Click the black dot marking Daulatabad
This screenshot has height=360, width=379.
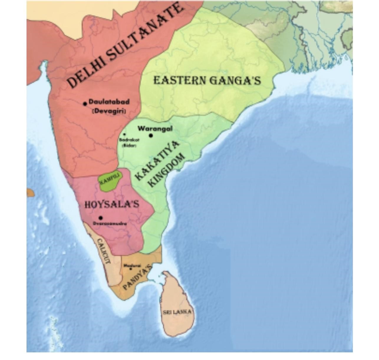coord(85,103)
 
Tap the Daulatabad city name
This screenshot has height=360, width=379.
coord(109,102)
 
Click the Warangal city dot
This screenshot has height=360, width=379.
coord(151,136)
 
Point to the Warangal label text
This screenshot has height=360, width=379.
coord(155,129)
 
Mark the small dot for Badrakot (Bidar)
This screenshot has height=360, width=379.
coord(124,134)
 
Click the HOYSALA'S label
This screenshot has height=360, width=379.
coord(112,205)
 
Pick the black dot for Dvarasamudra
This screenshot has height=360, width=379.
coord(100,218)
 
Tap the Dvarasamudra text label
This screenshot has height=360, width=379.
coord(110,224)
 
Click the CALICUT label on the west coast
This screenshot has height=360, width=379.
coord(103,251)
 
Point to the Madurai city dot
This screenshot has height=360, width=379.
coord(131,269)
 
